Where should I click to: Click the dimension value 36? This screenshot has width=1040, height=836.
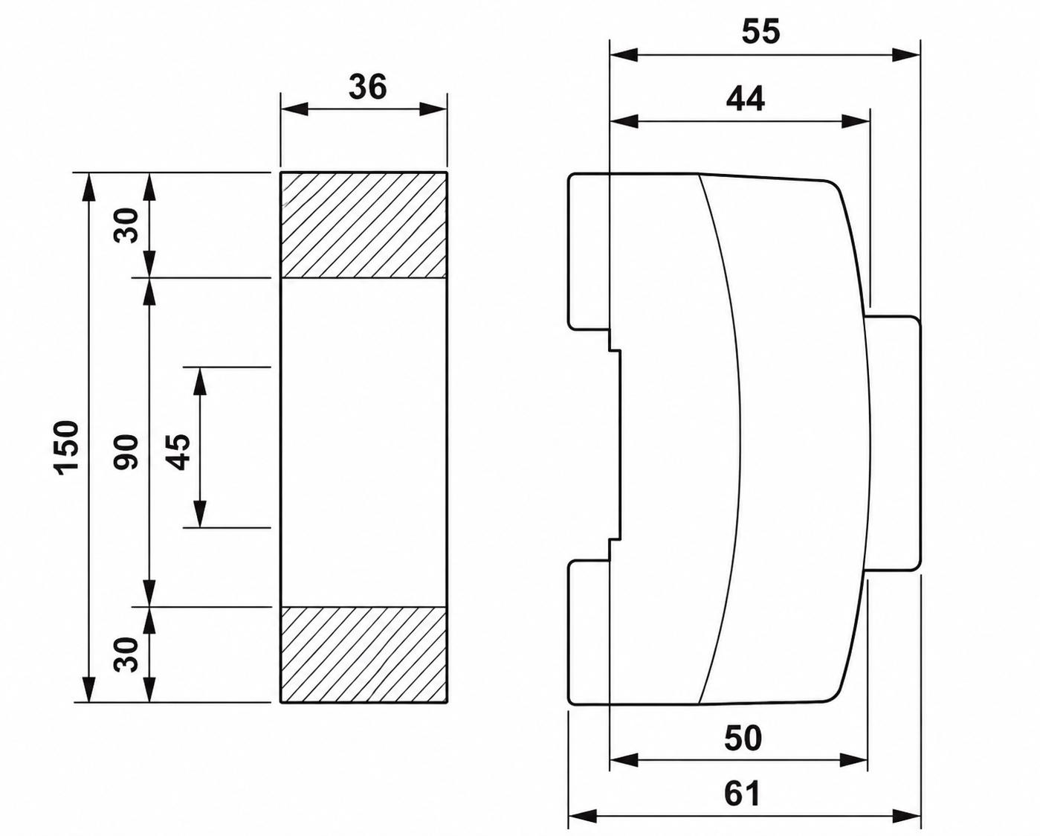[x=368, y=88]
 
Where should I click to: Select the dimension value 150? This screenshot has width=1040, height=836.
[x=66, y=448]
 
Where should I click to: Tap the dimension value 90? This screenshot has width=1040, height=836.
[x=126, y=451]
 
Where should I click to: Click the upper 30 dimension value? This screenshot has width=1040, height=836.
[x=126, y=225]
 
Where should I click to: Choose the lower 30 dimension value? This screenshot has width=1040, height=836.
[x=126, y=655]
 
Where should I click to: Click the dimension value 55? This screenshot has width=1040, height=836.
[x=760, y=32]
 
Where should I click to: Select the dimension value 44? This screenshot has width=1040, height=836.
[x=746, y=98]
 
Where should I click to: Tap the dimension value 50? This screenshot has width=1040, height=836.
[x=743, y=738]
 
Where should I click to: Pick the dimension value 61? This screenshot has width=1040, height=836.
[x=742, y=793]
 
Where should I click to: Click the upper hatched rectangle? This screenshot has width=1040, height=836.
[x=364, y=225]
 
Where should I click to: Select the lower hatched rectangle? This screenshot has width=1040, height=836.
[x=364, y=655]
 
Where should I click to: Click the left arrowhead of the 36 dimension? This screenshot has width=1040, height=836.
[x=294, y=109]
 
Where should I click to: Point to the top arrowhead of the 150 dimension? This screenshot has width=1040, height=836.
[x=89, y=187]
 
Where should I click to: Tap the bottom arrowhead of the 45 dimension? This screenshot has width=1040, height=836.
[x=199, y=513]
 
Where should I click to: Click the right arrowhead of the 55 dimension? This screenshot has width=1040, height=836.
[x=906, y=54]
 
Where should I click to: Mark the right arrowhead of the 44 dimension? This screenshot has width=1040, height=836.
[x=856, y=121]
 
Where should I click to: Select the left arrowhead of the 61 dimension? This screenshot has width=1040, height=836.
[x=582, y=815]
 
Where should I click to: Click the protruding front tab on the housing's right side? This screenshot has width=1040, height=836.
[x=892, y=443]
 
